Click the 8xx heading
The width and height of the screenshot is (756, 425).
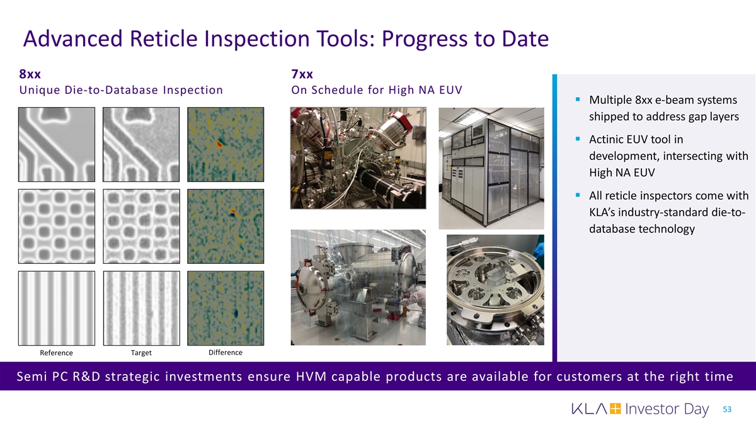tap(30, 74)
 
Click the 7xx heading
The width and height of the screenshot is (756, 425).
tap(302, 74)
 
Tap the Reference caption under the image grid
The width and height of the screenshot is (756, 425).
tap(56, 353)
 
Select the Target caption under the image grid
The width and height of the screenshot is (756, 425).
tap(141, 353)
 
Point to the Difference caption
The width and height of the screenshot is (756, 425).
tap(226, 353)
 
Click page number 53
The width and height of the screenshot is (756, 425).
tap(727, 409)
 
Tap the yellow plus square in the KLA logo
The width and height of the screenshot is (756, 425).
tap(615, 409)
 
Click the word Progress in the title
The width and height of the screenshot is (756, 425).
tap(424, 39)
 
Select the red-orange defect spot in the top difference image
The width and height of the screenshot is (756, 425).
tap(219, 144)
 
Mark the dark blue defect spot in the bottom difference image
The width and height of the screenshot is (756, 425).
tap(236, 314)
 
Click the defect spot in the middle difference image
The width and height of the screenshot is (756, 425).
tap(233, 213)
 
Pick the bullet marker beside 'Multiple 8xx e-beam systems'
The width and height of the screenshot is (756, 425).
tap(578, 99)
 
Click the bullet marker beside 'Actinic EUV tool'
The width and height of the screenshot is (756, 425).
tap(578, 139)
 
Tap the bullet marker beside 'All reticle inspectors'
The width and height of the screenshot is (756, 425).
tap(578, 195)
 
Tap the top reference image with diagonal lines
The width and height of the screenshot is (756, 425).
tap(57, 144)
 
